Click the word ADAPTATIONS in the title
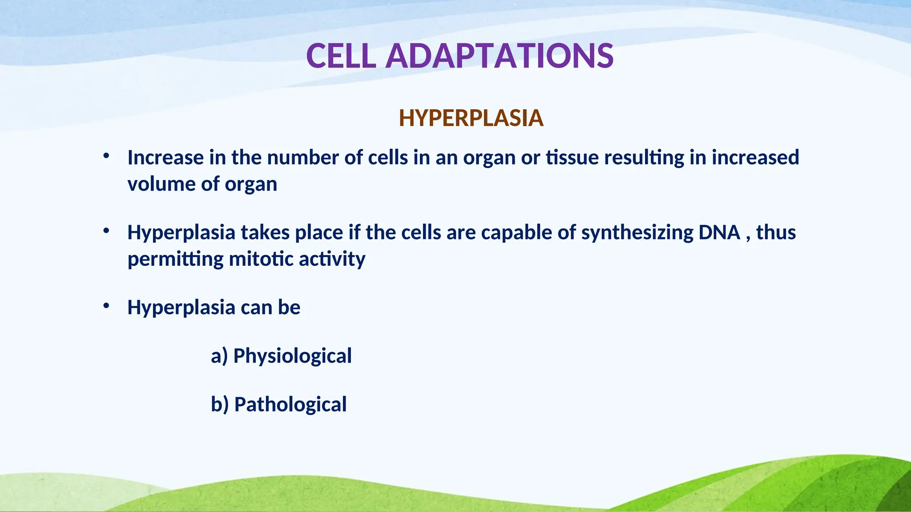(x=500, y=56)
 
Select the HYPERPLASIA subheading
(x=471, y=118)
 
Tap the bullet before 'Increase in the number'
(x=106, y=156)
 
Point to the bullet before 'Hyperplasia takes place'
(x=106, y=231)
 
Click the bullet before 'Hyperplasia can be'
(x=106, y=306)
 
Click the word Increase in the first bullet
(x=165, y=158)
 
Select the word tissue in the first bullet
(x=572, y=158)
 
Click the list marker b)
(x=220, y=405)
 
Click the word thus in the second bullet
(x=776, y=232)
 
